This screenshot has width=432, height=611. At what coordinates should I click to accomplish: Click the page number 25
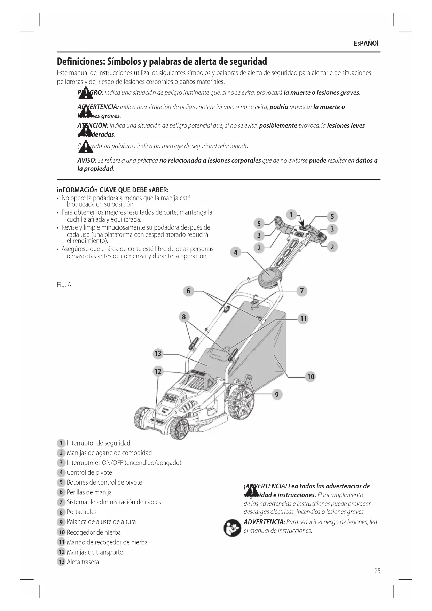(377, 571)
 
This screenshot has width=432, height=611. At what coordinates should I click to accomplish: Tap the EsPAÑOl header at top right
(366, 44)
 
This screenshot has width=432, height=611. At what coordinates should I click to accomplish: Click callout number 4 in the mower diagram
(236, 252)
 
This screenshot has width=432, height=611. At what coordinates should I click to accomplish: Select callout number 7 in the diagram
(302, 291)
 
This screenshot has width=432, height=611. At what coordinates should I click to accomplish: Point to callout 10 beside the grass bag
(311, 377)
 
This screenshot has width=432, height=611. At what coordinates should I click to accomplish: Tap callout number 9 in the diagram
(277, 394)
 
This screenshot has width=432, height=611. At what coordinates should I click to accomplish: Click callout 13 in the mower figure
(158, 354)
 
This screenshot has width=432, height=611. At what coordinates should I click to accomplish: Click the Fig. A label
(64, 285)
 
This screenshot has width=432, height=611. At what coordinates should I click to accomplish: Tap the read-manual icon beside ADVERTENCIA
(232, 528)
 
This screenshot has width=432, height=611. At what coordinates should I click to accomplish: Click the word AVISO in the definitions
(87, 161)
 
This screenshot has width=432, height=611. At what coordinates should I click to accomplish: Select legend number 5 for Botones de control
(61, 482)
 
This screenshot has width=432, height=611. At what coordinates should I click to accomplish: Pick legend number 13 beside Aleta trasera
(61, 562)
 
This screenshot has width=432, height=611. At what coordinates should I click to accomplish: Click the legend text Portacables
(82, 512)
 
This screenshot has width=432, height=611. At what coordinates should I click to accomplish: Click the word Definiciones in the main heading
(81, 62)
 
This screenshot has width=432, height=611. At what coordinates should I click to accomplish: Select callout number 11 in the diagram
(304, 318)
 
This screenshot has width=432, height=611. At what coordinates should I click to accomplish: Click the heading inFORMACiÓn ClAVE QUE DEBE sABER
(113, 190)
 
